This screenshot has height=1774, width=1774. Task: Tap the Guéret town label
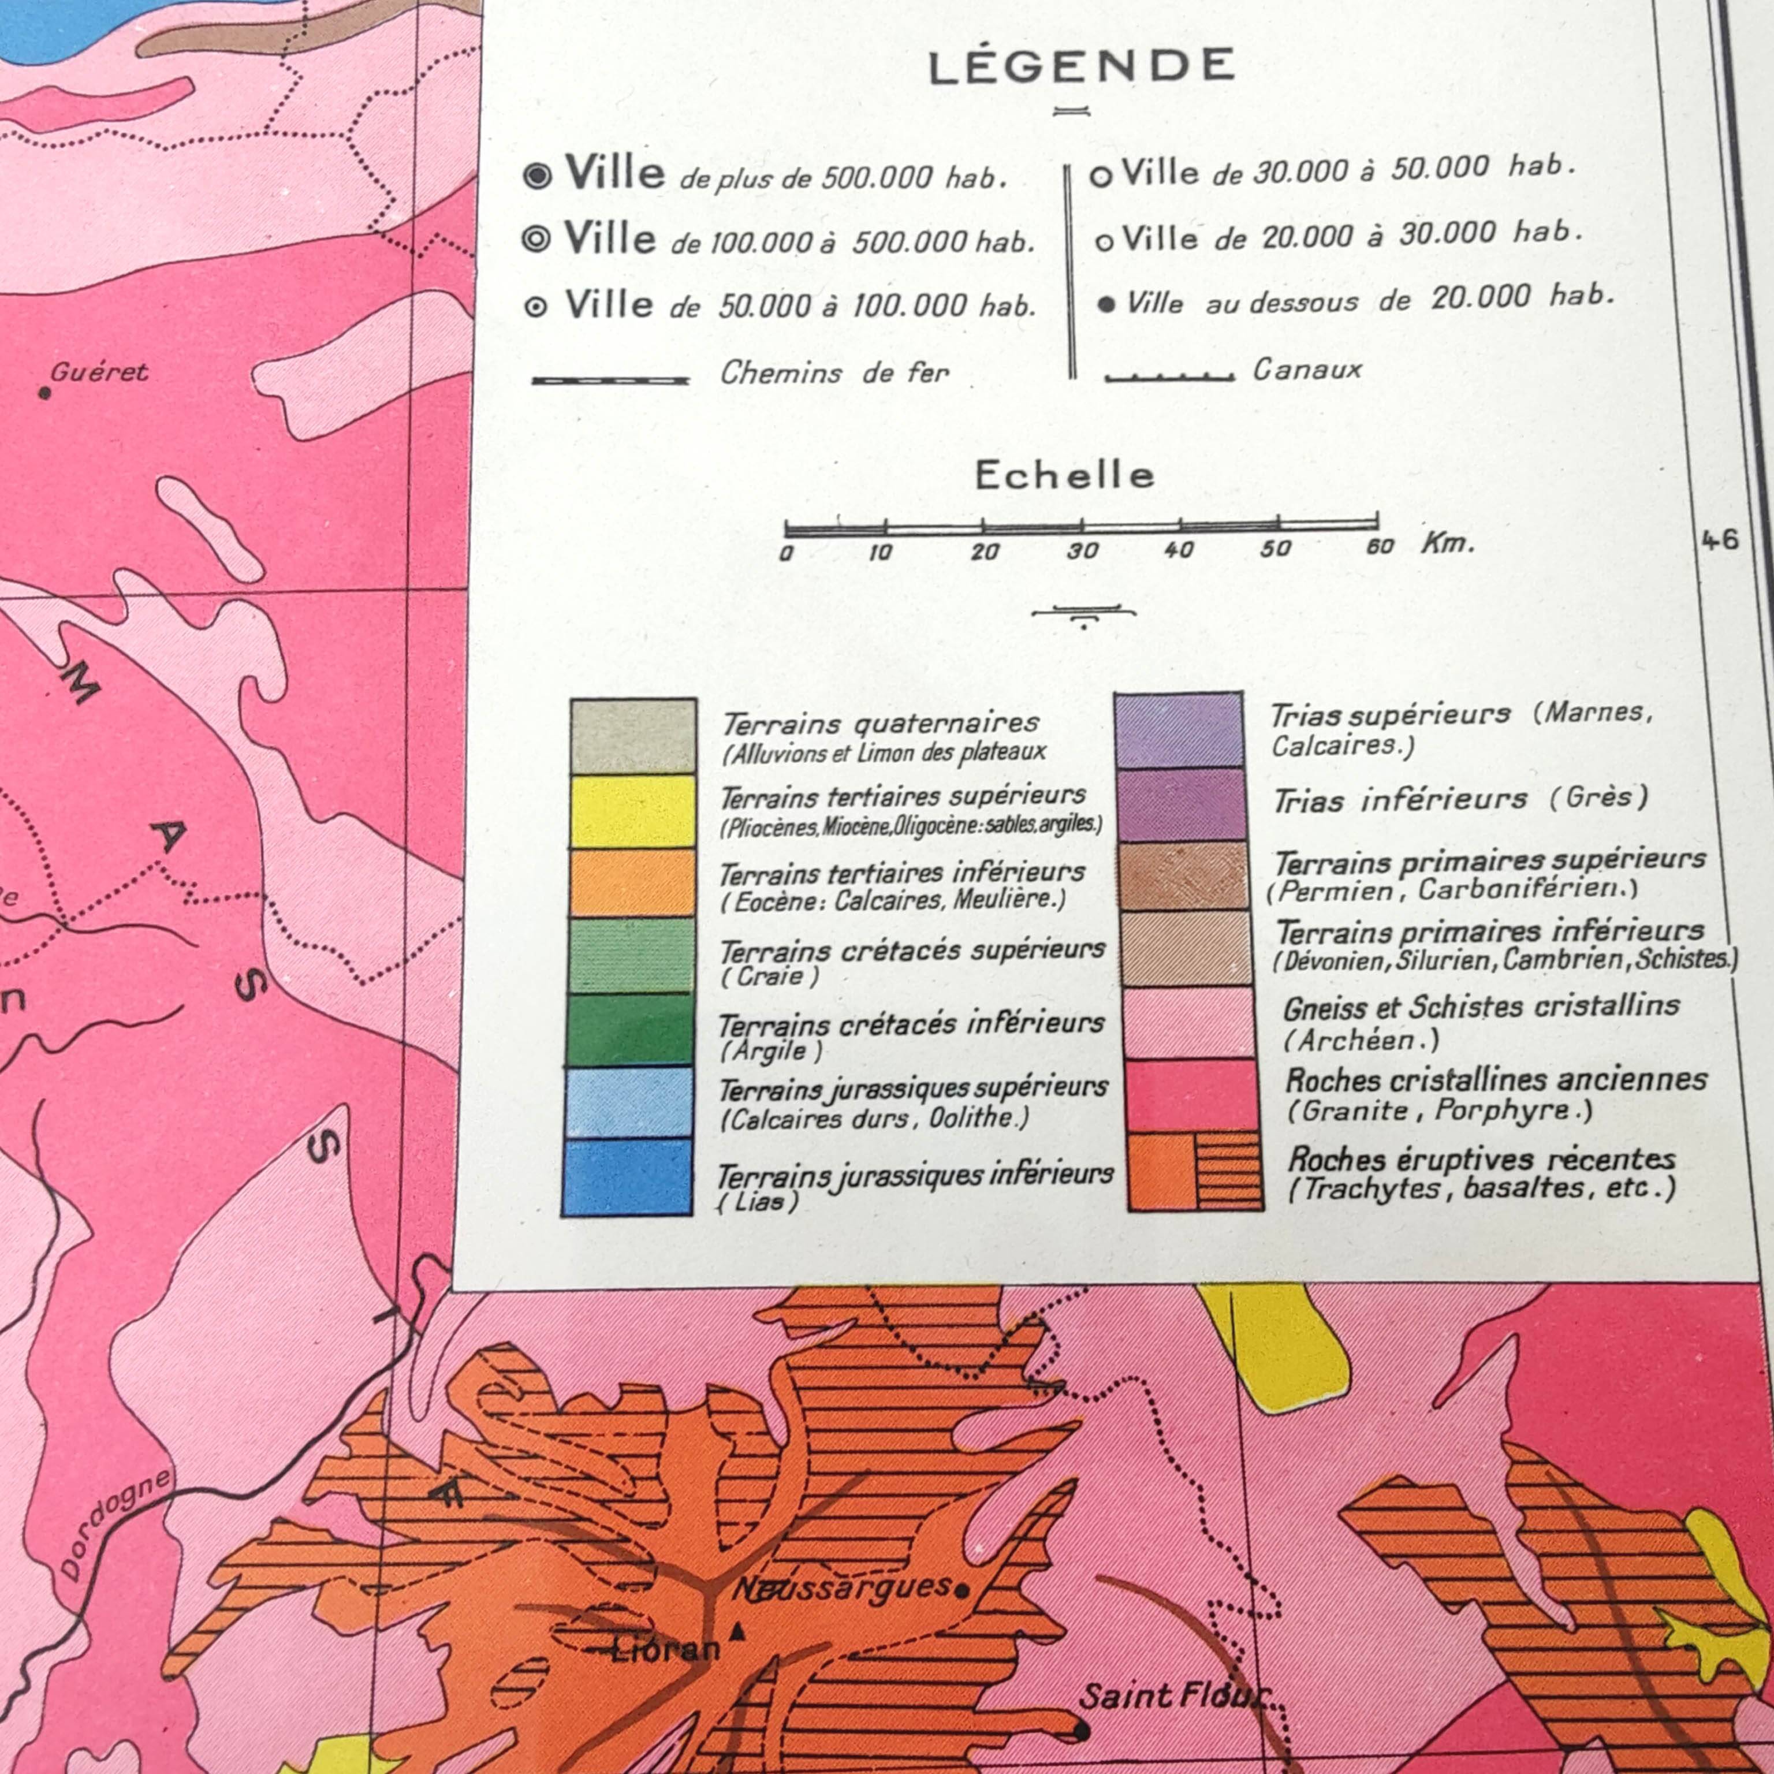click(x=99, y=372)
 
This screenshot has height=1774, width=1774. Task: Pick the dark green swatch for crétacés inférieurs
click(x=631, y=1029)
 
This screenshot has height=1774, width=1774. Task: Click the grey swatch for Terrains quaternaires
click(x=633, y=736)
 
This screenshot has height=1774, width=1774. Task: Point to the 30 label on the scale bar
click(x=1082, y=551)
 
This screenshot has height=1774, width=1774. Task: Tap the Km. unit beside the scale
click(x=1448, y=543)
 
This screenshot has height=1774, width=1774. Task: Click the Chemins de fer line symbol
click(x=610, y=379)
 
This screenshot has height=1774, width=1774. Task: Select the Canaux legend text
click(x=1307, y=370)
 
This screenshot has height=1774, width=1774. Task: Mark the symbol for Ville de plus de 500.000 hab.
click(x=537, y=176)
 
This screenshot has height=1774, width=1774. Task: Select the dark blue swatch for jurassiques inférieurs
click(x=627, y=1177)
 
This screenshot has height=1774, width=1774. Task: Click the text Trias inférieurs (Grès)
click(x=1460, y=799)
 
